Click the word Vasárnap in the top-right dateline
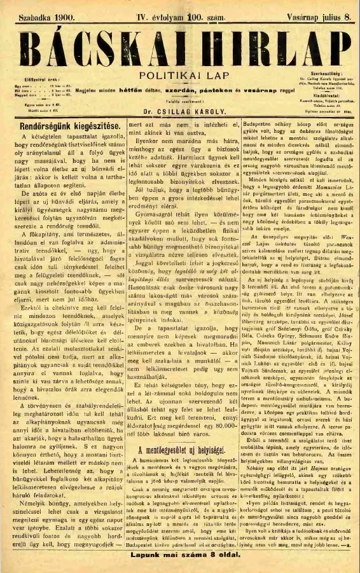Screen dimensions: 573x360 (x=289, y=10)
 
